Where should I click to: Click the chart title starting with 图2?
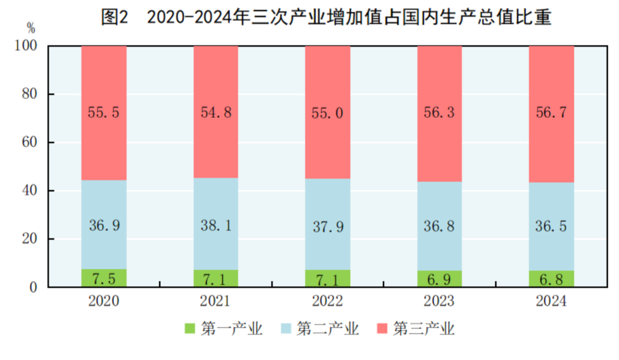point(326,17)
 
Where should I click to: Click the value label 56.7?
point(551,112)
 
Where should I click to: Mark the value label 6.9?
point(439,279)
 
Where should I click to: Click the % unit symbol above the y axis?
point(30,28)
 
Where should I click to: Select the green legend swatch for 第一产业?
point(189,329)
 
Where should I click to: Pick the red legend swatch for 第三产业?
point(382,329)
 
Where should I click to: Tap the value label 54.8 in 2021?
point(216,112)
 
